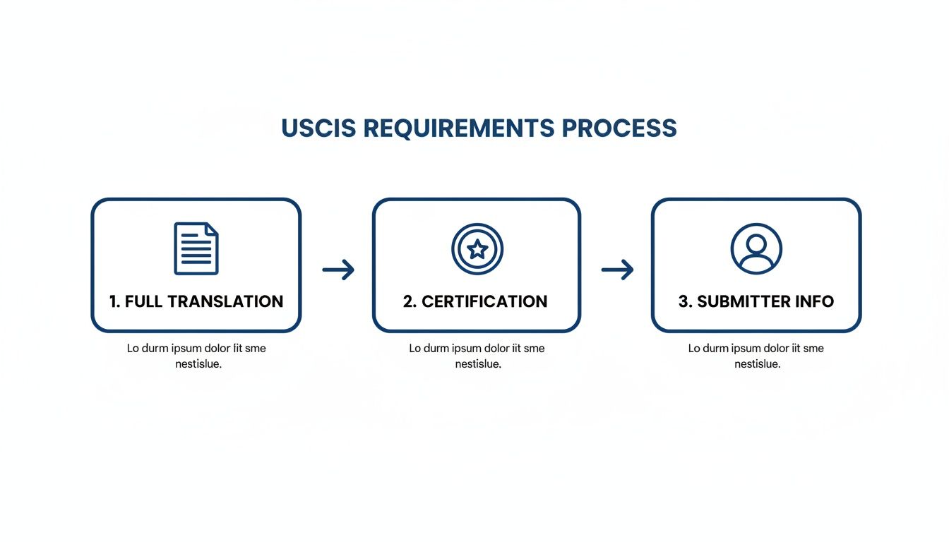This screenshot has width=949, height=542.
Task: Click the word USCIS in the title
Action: [318, 128]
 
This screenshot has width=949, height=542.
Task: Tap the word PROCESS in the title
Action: [619, 128]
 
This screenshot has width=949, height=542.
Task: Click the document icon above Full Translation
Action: [196, 248]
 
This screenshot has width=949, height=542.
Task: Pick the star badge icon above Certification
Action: [477, 248]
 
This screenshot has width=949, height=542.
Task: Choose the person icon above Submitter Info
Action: [756, 248]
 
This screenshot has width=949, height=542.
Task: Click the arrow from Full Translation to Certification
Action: [338, 269]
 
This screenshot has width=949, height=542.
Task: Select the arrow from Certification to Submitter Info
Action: [617, 269]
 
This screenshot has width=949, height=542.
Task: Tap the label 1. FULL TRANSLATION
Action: [196, 301]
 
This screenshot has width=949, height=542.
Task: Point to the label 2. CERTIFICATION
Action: [475, 301]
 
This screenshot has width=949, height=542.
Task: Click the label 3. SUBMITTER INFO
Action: [756, 301]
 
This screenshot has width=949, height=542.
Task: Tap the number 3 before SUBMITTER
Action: [684, 301]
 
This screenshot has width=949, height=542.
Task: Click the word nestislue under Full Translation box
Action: [198, 364]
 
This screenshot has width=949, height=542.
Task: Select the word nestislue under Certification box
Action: [478, 364]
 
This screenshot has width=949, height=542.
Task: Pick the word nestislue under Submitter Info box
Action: [757, 364]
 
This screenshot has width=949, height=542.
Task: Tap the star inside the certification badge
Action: [477, 248]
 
